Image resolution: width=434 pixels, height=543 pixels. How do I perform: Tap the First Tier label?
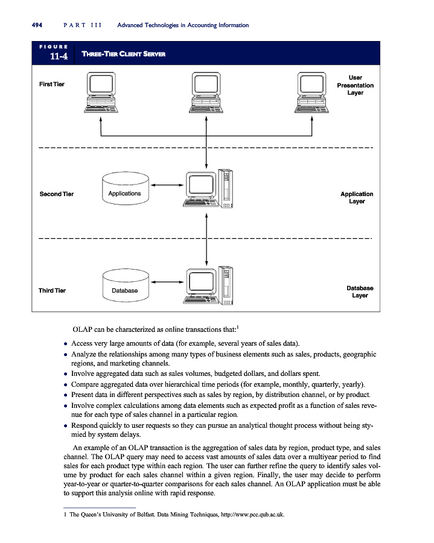pos(52,84)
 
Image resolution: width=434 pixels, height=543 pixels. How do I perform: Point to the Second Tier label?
pos(57,194)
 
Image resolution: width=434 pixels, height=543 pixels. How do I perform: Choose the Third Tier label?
pos(53,291)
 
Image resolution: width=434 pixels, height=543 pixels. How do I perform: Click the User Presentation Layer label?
pos(355,85)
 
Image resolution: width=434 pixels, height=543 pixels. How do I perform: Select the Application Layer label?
pos(357,198)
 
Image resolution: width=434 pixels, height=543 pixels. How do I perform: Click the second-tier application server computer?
pos(208,188)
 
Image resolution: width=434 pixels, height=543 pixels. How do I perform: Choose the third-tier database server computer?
pos(208,285)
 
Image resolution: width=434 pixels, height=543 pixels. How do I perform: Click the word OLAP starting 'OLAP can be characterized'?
pos(82,331)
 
